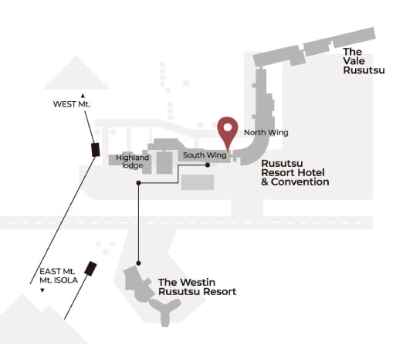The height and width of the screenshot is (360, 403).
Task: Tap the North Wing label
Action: [x=266, y=133]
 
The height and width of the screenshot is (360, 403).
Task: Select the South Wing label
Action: [x=205, y=155]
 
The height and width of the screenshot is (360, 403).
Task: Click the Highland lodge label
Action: [x=132, y=161]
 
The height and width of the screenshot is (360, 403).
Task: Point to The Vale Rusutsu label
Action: [x=364, y=61]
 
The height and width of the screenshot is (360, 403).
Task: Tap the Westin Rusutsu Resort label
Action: [x=197, y=287]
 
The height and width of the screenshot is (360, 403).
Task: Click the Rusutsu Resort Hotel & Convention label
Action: [x=295, y=172]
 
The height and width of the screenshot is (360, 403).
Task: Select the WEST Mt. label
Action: [x=72, y=104]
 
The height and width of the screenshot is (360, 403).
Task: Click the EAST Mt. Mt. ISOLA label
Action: [x=59, y=276]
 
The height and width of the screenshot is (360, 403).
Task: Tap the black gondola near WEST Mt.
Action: [x=96, y=150]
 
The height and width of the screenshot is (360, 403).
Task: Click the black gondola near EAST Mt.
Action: [x=90, y=269]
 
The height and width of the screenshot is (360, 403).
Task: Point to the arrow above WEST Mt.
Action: [x=83, y=96]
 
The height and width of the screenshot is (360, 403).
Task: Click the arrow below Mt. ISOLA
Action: [x=42, y=290]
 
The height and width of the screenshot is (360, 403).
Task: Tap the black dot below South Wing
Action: [x=208, y=165]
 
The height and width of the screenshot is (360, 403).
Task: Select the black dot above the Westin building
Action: [x=138, y=263]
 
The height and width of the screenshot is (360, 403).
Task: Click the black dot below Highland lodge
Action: [x=138, y=183]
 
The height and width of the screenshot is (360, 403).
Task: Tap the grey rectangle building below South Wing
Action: [x=198, y=182]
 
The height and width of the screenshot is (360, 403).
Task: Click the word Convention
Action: [x=300, y=182]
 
